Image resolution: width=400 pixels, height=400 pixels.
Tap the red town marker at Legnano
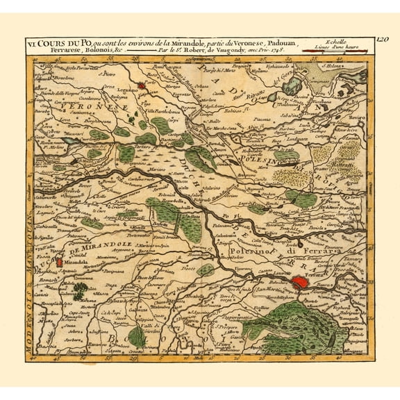point(142,86)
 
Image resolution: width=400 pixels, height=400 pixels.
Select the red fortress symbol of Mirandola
point(60,262)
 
